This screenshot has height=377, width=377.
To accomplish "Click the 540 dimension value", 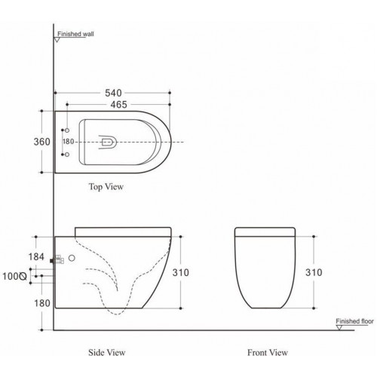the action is coord(113,93).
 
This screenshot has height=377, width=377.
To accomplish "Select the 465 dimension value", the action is coord(119,105).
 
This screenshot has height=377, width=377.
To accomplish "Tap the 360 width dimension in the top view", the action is coord(41,142).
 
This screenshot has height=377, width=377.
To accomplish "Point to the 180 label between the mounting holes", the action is coord(68,142).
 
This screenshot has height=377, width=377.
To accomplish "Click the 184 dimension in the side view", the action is coord(36,257).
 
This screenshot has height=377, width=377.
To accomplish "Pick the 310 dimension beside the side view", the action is coord(181,272).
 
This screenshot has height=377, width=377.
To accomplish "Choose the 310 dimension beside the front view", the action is coord(314,272).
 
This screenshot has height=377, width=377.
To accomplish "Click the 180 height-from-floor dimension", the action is coord(42,303).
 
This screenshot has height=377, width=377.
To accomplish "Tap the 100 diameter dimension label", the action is coord(14,276).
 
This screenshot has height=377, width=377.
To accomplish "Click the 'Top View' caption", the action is coord(106,187).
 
